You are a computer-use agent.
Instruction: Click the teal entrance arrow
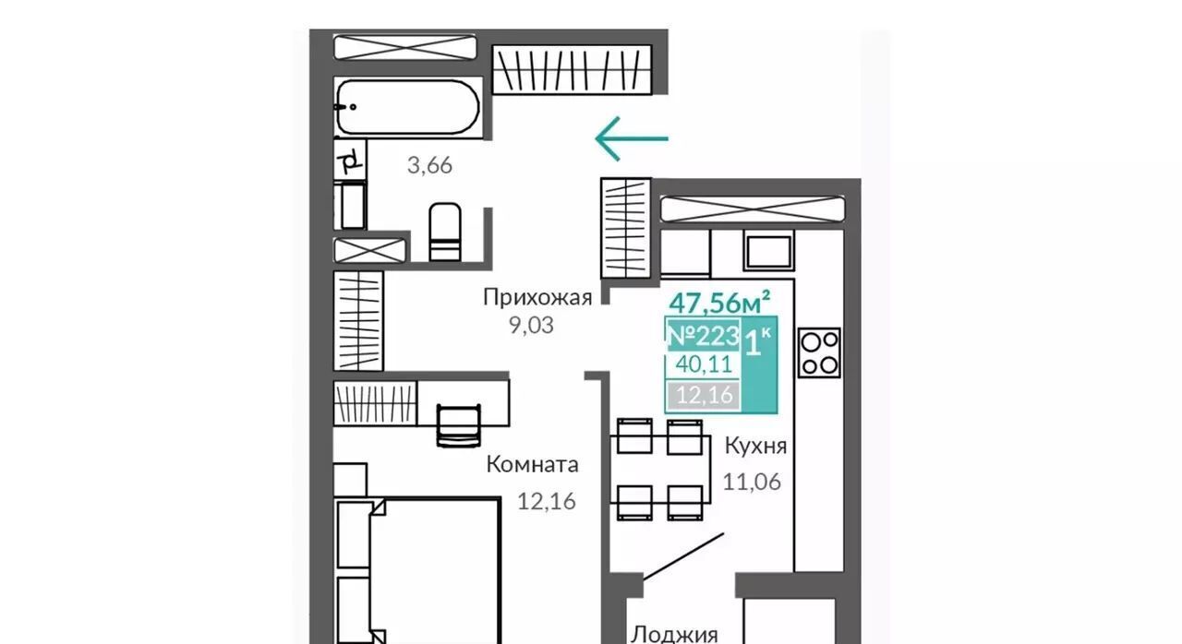tap(632, 138)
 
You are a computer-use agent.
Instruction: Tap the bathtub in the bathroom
tap(408, 107)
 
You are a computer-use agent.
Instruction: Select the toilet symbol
tap(445, 232)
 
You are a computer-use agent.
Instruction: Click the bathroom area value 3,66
tap(429, 165)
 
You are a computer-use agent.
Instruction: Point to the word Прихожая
tap(537, 298)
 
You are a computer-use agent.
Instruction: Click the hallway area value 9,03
tap(531, 325)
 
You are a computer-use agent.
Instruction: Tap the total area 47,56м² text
tap(719, 302)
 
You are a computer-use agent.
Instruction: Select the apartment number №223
tap(704, 336)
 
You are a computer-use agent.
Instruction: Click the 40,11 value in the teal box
tap(704, 364)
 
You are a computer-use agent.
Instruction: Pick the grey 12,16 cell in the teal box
tap(704, 395)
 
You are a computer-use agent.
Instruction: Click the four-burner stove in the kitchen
tap(819, 352)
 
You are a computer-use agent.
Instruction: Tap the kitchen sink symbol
tap(769, 251)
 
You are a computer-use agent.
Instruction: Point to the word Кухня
tap(755, 446)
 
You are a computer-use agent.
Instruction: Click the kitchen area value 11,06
tap(752, 482)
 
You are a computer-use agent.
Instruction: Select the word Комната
tap(533, 464)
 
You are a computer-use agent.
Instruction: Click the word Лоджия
tap(675, 634)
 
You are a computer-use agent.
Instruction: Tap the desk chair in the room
tap(459, 425)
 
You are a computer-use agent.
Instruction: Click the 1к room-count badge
tap(758, 342)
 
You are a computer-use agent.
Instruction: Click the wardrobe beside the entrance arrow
tap(572, 69)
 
